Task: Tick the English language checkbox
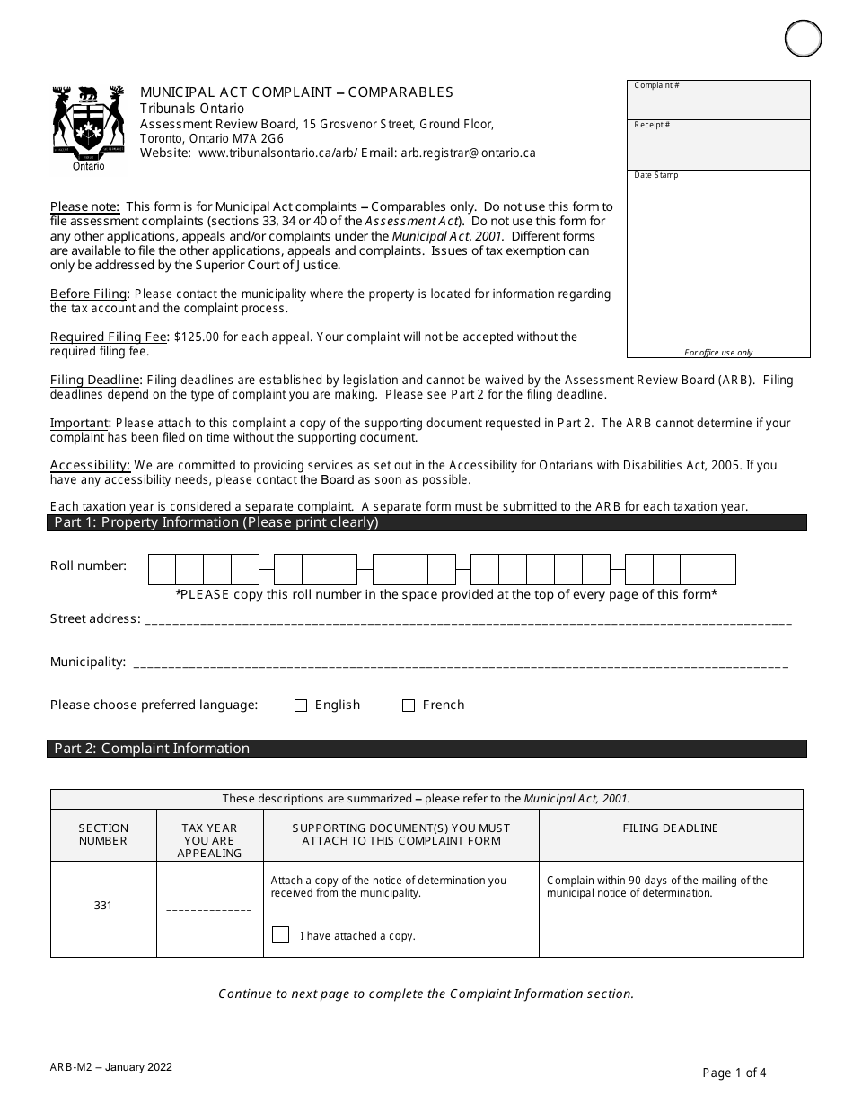click(x=301, y=705)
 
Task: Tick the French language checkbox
click(x=409, y=705)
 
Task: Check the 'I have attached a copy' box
click(x=281, y=935)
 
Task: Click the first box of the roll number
click(x=162, y=570)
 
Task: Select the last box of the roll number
click(x=722, y=570)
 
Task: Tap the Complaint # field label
click(x=656, y=86)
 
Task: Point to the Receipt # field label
click(x=652, y=126)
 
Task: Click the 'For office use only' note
click(x=718, y=353)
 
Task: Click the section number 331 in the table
click(x=103, y=906)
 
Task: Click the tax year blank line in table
click(x=209, y=909)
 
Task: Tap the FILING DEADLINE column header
click(x=671, y=828)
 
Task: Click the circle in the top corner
click(x=803, y=39)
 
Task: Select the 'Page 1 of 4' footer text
click(x=734, y=1072)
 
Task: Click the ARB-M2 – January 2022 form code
click(x=111, y=1067)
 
